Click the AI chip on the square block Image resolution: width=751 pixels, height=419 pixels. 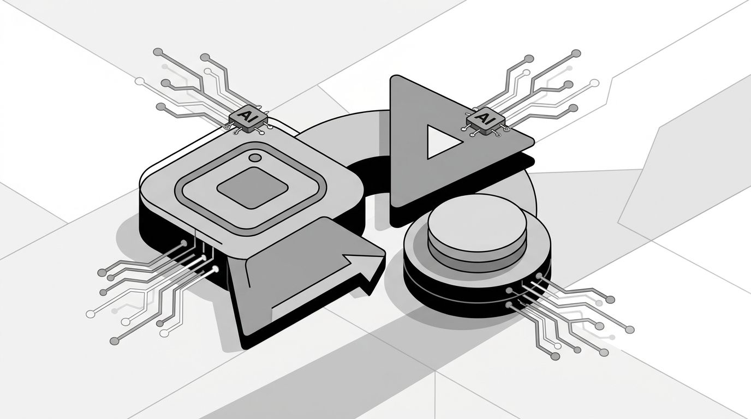(248, 119)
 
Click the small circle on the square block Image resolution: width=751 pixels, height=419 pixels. (255, 158)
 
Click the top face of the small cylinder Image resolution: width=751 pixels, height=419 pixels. (477, 223)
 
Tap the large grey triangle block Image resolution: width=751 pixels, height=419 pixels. (446, 141)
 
